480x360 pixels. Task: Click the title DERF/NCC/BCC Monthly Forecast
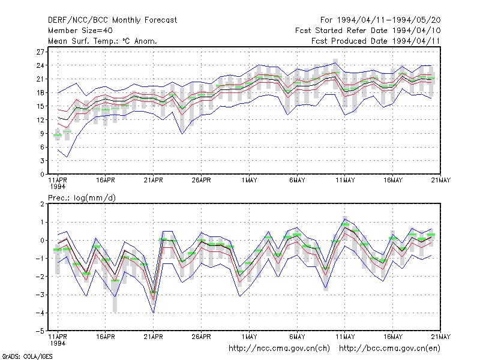[x=112, y=20]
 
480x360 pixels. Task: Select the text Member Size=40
[x=80, y=31]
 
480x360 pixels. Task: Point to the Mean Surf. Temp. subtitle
[x=103, y=41]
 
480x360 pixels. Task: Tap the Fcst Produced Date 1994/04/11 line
[x=376, y=41]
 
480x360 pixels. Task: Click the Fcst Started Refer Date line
[x=368, y=31]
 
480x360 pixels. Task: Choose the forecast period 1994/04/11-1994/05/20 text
[x=380, y=20]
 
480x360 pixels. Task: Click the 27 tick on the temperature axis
[x=40, y=52]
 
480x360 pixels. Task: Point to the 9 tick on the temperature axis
[x=42, y=133]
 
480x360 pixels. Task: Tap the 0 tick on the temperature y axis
[x=42, y=175]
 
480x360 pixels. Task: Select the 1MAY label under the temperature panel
[x=249, y=181]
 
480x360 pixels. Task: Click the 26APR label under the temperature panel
[x=201, y=181]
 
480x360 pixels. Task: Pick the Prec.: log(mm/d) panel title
[x=82, y=198]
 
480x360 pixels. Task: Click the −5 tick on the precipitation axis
[x=40, y=331]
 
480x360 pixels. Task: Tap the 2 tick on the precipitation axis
[x=42, y=204]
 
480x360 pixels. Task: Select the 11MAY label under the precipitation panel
[x=345, y=337]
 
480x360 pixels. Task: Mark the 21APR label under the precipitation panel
[x=154, y=337]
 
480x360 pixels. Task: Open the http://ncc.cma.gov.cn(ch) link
[x=279, y=349]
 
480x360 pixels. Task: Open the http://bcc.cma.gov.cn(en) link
[x=389, y=349]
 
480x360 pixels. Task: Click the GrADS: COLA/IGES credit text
[x=27, y=356]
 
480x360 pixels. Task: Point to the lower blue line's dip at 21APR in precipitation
[x=154, y=313]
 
